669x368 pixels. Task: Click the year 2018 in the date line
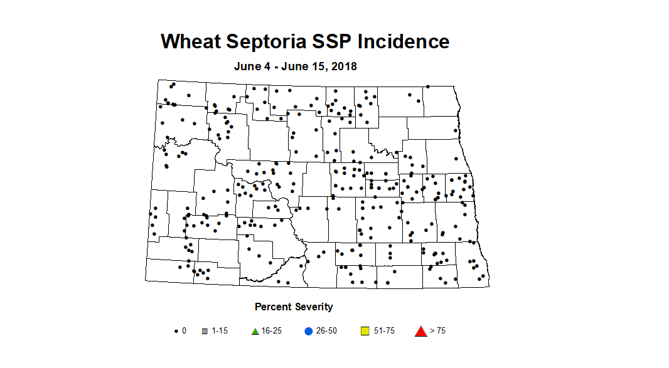344,66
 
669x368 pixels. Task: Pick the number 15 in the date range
319,66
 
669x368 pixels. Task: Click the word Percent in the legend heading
274,307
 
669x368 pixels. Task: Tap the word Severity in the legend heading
314,307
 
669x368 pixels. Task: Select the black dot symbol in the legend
176,331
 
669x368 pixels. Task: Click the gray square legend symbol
205,331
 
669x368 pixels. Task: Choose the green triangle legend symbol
255,330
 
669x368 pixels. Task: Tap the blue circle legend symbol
308,330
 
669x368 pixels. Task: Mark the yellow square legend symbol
366,330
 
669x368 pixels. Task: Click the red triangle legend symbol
420,330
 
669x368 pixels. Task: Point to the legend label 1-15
220,331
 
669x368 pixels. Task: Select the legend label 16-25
272,331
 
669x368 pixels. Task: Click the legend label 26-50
326,331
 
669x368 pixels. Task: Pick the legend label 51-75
384,331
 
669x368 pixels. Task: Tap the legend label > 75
437,331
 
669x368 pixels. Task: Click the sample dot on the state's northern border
427,87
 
